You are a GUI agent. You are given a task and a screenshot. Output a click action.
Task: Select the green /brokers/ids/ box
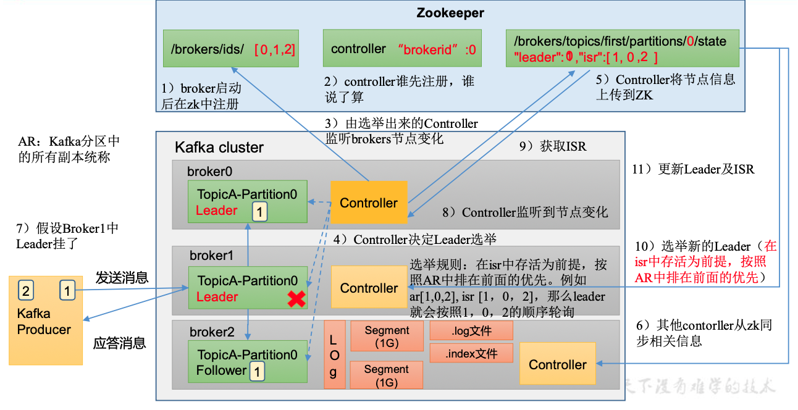coord(230,48)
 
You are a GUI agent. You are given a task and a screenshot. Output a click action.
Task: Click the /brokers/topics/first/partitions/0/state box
coord(622,48)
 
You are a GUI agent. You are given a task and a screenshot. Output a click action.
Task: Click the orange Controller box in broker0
coord(369,203)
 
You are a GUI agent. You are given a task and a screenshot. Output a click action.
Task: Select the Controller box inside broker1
coord(369,288)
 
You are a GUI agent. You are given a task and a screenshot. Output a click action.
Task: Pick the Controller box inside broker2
coord(557,364)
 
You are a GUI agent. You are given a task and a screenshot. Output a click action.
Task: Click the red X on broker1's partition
coord(296,299)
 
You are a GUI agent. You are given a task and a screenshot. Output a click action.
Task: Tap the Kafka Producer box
coord(45,321)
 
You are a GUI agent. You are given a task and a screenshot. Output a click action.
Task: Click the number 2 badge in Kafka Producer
coord(25,290)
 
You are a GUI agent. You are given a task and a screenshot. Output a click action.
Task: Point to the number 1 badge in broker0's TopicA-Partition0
coord(260,212)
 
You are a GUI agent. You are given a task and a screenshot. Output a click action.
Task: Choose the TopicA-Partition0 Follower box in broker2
coord(248,362)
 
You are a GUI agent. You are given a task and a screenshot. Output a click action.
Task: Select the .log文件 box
coord(471,331)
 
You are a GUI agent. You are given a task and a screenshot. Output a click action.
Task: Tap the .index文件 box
coord(471,353)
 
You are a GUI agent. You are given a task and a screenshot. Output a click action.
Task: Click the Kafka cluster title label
coord(219,148)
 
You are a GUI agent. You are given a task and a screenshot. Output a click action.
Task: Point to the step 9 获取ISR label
coord(552,146)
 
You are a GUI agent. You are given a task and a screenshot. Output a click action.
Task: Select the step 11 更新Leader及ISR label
coord(693,169)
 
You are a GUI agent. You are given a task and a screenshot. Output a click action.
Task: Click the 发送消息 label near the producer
coord(122,277)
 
